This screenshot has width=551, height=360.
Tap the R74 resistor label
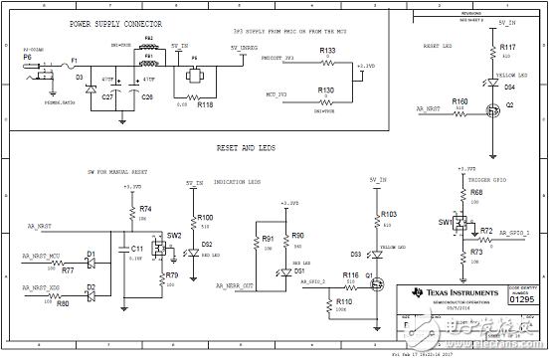(145, 209)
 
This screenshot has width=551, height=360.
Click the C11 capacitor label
(137, 248)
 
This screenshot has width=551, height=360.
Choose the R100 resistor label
(205, 217)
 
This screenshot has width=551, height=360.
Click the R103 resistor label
(388, 214)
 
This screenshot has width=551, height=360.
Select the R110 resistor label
(343, 300)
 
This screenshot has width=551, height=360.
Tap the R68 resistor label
(475, 192)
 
